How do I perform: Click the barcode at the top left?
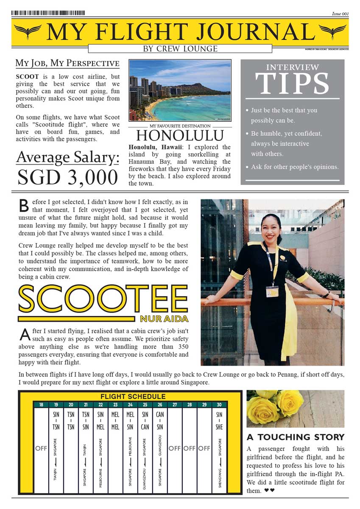(x=48, y=13)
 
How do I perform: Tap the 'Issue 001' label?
(x=340, y=14)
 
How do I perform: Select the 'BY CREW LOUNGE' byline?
(x=180, y=49)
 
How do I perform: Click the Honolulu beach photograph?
(x=180, y=90)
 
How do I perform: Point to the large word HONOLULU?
(x=180, y=136)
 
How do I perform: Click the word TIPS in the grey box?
(x=292, y=84)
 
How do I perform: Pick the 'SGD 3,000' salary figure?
(x=67, y=177)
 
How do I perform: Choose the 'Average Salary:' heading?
(x=67, y=157)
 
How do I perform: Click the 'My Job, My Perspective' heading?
(x=67, y=63)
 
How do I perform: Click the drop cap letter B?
(x=25, y=205)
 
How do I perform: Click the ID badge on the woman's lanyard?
(x=272, y=292)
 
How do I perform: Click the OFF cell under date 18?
(x=41, y=448)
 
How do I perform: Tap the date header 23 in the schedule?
(x=115, y=405)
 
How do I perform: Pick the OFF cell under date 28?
(x=190, y=448)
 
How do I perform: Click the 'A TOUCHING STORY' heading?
(x=296, y=437)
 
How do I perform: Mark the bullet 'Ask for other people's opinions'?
(x=294, y=167)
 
